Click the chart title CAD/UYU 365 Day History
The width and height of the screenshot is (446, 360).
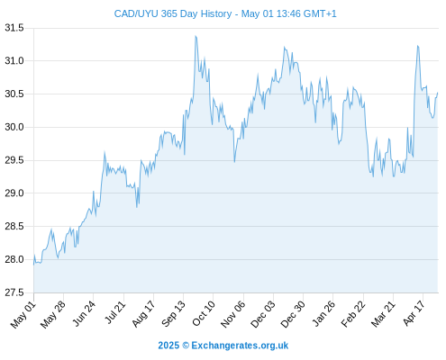pyautogui.click(x=173, y=13)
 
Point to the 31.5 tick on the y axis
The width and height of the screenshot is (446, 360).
pyautogui.click(x=14, y=28)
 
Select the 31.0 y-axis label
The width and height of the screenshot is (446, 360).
pyautogui.click(x=14, y=61)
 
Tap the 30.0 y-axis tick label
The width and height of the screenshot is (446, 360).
pyautogui.click(x=14, y=127)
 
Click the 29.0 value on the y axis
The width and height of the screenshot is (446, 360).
pyautogui.click(x=14, y=193)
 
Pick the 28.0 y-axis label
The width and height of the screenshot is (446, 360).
pyautogui.click(x=14, y=259)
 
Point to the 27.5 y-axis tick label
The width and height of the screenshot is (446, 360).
pyautogui.click(x=14, y=292)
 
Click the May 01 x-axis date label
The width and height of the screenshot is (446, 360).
pyautogui.click(x=23, y=315)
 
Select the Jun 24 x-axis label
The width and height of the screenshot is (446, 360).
pyautogui.click(x=83, y=314)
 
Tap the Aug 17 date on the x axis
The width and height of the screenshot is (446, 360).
pyautogui.click(x=143, y=314)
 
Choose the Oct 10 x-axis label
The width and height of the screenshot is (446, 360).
pyautogui.click(x=204, y=314)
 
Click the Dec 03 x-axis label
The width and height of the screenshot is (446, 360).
pyautogui.click(x=262, y=315)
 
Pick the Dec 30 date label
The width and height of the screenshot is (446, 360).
pyautogui.click(x=293, y=315)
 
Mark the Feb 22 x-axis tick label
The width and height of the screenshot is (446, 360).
pyautogui.click(x=353, y=314)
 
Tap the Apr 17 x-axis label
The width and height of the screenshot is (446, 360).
pyautogui.click(x=414, y=313)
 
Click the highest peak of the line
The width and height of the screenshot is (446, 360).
pyautogui.click(x=196, y=36)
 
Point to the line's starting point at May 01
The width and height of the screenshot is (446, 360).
pyautogui.click(x=33, y=265)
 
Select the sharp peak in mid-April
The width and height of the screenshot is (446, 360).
pyautogui.click(x=417, y=46)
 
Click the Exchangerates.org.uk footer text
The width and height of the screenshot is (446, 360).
pyautogui.click(x=240, y=346)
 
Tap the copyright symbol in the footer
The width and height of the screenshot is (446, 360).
pyautogui.click(x=186, y=346)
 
